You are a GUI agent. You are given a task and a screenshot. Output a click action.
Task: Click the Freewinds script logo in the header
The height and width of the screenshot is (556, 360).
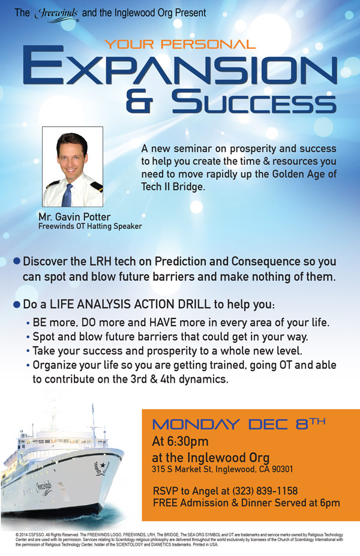tap(56, 15)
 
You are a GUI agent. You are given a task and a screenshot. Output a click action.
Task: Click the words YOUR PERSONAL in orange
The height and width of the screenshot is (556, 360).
tap(180, 44)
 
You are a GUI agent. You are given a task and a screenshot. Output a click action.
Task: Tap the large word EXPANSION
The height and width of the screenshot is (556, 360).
tap(180, 68)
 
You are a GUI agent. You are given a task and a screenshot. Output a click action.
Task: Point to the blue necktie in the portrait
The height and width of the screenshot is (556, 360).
tap(67, 195)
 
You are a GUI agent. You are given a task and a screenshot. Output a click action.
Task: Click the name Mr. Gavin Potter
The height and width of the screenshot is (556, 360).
tap(74, 217)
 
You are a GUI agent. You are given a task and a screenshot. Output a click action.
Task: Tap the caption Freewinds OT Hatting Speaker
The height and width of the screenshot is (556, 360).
tap(90, 226)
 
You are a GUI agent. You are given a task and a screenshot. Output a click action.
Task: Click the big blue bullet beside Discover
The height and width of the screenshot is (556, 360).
tap(17, 262)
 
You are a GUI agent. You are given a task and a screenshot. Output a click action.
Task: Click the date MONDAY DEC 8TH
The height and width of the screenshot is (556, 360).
tap(239, 423)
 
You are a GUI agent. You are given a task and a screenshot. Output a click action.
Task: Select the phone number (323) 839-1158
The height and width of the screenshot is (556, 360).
tap(265, 491)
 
